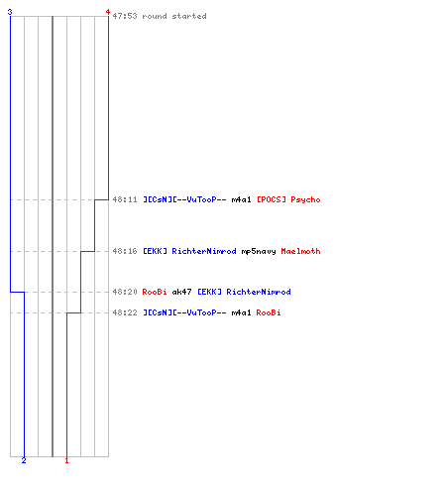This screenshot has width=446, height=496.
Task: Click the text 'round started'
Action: click(174, 16)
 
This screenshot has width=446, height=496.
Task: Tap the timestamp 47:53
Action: click(125, 16)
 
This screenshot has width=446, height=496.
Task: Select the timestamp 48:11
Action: click(125, 199)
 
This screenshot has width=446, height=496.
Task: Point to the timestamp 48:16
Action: click(125, 251)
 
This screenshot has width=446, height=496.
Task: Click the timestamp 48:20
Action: click(125, 292)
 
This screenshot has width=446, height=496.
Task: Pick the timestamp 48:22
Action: click(125, 312)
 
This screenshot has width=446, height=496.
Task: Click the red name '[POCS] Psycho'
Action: click(288, 200)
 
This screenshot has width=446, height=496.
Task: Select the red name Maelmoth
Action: click(300, 251)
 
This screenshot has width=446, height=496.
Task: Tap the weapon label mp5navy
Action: click(259, 252)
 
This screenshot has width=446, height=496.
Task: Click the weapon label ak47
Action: click(181, 292)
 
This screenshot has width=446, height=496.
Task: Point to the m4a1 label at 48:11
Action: click(241, 199)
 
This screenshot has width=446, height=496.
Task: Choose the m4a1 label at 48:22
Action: click(241, 312)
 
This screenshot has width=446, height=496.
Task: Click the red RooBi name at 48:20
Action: click(155, 292)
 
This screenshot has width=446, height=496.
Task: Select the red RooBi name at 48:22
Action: click(269, 312)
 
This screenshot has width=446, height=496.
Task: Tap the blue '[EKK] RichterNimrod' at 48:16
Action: click(189, 251)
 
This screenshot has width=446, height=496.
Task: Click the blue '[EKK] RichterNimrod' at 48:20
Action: click(244, 292)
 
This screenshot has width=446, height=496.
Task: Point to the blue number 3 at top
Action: click(10, 12)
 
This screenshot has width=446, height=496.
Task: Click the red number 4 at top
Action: click(108, 12)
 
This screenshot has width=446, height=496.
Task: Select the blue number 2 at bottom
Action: click(24, 460)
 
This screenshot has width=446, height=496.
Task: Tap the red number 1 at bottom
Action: click(66, 460)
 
